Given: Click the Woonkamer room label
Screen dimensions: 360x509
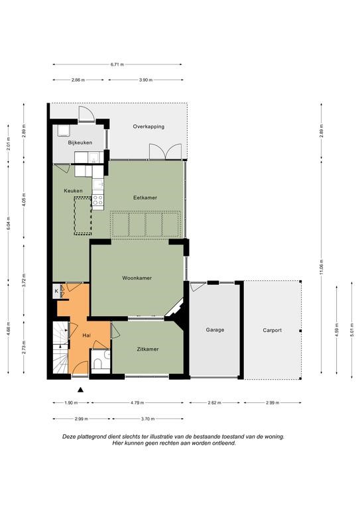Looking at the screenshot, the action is click(137, 278).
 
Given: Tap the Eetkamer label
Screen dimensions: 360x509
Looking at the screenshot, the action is click(145, 198).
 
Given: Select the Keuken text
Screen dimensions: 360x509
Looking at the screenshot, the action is click(73, 191).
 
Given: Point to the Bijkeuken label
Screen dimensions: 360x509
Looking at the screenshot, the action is click(80, 142).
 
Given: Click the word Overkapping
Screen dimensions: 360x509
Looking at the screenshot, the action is click(149, 127).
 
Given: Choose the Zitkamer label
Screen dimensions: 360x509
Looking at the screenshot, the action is click(148, 349).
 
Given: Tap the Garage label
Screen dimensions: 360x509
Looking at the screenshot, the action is click(215, 330).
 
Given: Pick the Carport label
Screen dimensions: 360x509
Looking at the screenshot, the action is click(272, 330).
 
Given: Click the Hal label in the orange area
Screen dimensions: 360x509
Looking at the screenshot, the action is click(86, 335).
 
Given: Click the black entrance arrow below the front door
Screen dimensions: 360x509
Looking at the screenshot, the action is click(80, 390).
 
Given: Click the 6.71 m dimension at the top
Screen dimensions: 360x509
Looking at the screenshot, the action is click(117, 64).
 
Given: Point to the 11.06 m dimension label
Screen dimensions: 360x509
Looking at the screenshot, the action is click(322, 268).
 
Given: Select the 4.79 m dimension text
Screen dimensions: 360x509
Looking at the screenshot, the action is click(137, 403).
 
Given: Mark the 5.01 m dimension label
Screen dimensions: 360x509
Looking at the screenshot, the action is click(352, 330).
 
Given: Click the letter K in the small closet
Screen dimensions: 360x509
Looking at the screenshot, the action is click(56, 291).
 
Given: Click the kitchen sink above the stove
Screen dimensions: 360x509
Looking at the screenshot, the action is click(98, 184).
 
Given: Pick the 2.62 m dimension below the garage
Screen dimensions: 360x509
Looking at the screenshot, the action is click(215, 403).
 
